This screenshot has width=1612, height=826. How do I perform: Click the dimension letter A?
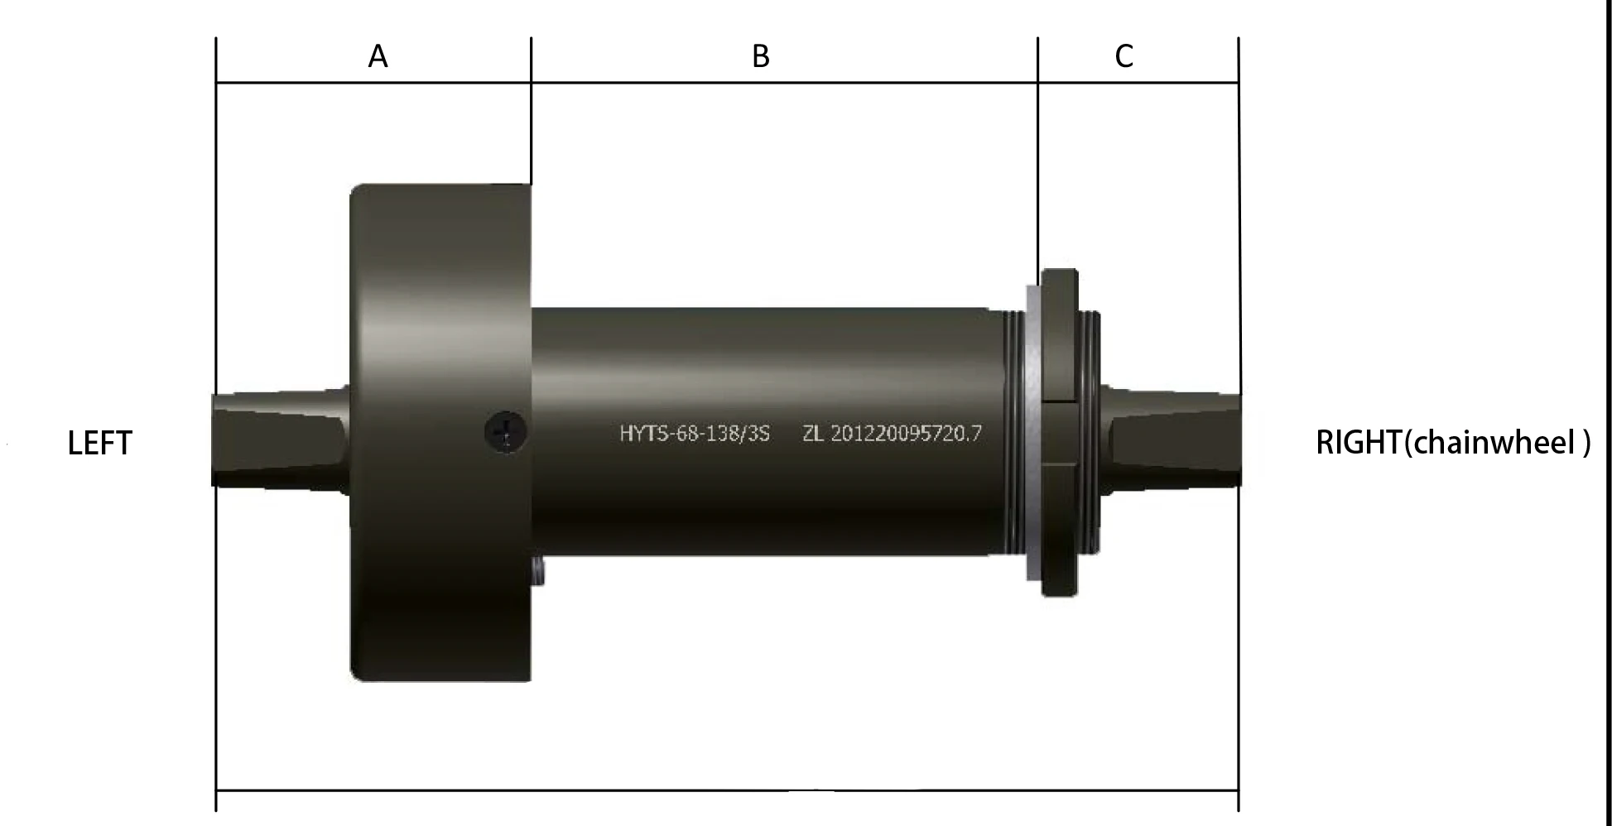[x=378, y=57]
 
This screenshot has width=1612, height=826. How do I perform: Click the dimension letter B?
[x=760, y=57]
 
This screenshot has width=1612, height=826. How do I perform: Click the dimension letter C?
[x=1124, y=56]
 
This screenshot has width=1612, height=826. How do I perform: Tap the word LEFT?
[x=99, y=444]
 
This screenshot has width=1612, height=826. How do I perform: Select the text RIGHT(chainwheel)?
[x=1452, y=443]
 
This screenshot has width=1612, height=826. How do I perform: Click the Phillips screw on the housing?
[x=506, y=432]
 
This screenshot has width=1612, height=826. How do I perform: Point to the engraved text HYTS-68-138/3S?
[x=695, y=434]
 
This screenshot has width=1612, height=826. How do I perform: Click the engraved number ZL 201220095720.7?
[x=892, y=434]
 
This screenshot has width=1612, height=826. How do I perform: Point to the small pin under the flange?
[x=539, y=571]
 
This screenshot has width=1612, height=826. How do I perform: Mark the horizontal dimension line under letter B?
[x=783, y=83]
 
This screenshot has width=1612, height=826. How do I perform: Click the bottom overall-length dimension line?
[x=727, y=790]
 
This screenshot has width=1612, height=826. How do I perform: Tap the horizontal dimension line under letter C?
[x=1138, y=83]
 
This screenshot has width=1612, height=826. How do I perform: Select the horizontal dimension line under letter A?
[x=373, y=83]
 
